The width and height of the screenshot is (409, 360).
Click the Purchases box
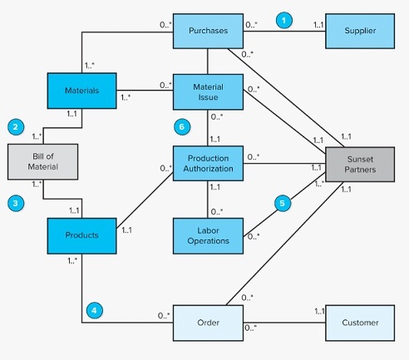[x=207, y=31]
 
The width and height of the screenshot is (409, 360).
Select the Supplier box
[x=360, y=31]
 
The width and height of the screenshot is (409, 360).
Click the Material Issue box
[x=207, y=93]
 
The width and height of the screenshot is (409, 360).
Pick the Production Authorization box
[x=207, y=163]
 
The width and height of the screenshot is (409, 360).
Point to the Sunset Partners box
[x=360, y=165]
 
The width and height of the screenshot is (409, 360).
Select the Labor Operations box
[x=207, y=234]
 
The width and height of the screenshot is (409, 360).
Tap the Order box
[x=207, y=322]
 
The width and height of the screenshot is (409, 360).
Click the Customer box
[x=360, y=322]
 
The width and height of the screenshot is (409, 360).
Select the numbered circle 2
[x=14, y=127]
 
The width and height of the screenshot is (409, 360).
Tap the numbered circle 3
[x=14, y=201]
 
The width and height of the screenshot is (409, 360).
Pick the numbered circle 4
[x=96, y=311]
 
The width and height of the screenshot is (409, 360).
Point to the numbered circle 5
[x=283, y=200]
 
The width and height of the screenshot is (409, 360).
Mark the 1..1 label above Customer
[x=318, y=311]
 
